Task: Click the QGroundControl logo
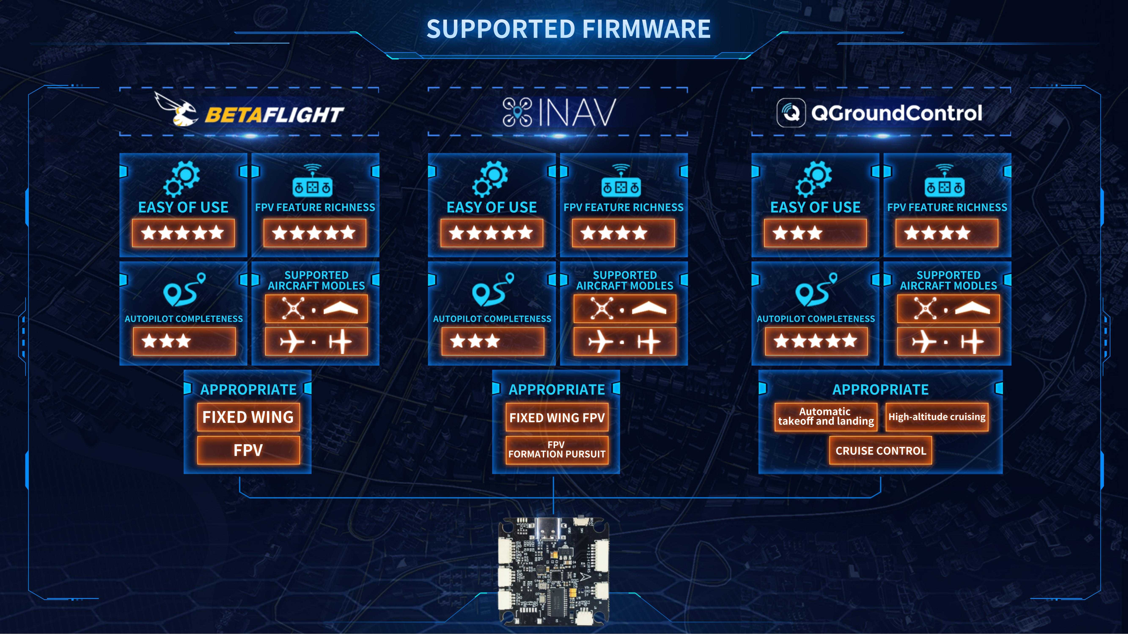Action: point(879,113)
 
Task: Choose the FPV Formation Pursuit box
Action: point(556,450)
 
